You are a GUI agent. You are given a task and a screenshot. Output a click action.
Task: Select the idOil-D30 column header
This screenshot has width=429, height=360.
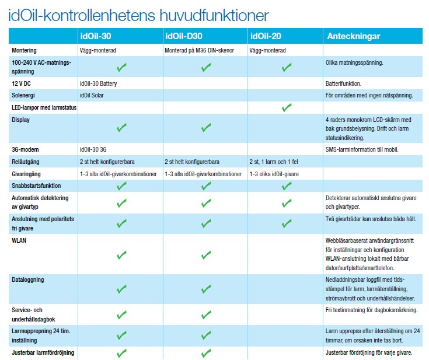pos(185,36)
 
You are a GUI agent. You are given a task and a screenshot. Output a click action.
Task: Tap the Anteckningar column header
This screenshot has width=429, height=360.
pos(354,36)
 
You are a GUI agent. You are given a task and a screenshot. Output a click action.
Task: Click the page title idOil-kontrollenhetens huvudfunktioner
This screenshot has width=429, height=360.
pos(139,15)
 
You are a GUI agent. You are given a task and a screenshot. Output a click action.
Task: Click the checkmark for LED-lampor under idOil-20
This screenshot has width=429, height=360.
pos(286,107)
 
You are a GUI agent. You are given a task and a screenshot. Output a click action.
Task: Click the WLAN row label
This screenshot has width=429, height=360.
pos(19,240)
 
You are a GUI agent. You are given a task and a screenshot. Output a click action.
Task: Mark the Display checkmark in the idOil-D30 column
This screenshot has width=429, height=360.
pos(205,127)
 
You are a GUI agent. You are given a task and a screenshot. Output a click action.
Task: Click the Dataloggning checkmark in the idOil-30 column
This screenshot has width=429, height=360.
pos(121,289)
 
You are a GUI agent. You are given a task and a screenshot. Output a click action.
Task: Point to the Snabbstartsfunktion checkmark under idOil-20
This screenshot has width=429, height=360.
pos(286,186)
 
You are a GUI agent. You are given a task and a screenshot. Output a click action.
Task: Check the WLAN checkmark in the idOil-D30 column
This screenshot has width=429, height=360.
pos(205,255)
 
